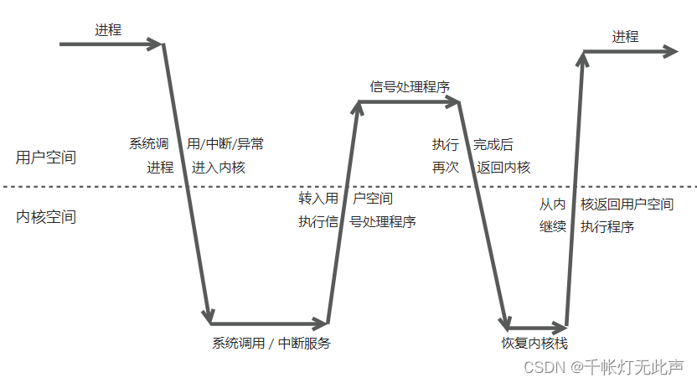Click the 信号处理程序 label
pyautogui.click(x=410, y=86)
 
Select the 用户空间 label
pyautogui.click(x=46, y=157)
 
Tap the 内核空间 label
pyautogui.click(x=46, y=217)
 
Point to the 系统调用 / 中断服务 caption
pyautogui.click(x=271, y=342)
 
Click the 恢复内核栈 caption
pyautogui.click(x=534, y=342)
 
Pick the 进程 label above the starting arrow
pyautogui.click(x=108, y=30)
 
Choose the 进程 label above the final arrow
pyautogui.click(x=625, y=37)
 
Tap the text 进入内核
pyautogui.click(x=219, y=167)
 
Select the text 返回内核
pyautogui.click(x=503, y=167)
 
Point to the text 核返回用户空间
pyautogui.click(x=627, y=204)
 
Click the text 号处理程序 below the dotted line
pyautogui.click(x=382, y=222)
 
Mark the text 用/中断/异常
pyautogui.click(x=225, y=143)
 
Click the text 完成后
pyautogui.click(x=493, y=144)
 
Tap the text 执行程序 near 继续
pyautogui.click(x=607, y=226)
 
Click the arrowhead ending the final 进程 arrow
pyautogui.click(x=669, y=52)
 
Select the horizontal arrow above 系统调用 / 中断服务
pyautogui.click(x=268, y=323)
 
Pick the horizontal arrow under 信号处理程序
pyautogui.click(x=410, y=102)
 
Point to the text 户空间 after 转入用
pyautogui.click(x=373, y=199)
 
